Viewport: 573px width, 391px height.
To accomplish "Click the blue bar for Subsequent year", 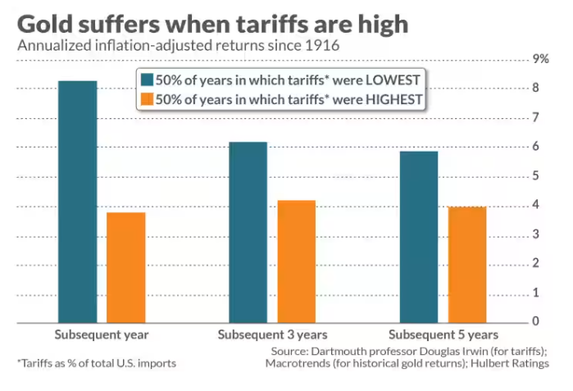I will click(78, 201).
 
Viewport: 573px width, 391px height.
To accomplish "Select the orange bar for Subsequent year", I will click(126, 266).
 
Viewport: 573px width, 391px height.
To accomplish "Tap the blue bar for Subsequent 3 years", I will click(248, 231).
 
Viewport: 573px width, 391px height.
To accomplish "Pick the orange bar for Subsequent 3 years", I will click(296, 261).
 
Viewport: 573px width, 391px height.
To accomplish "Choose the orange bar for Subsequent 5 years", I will click(466, 264).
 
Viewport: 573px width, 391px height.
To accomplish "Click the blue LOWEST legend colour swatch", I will click(148, 80).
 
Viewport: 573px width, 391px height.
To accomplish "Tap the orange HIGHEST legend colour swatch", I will click(148, 100).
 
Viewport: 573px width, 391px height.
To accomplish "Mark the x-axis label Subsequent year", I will click(102, 334).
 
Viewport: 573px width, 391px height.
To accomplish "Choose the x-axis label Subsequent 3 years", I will click(272, 334).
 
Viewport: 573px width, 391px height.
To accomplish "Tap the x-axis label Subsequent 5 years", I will click(443, 334).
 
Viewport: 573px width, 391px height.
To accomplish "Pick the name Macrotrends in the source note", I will click(302, 363).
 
